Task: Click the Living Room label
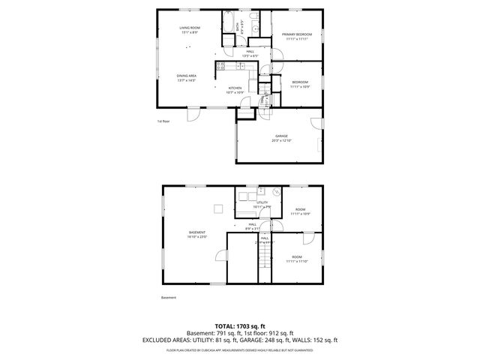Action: tap(189, 30)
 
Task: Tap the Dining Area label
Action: tap(186, 78)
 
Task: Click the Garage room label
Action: tap(280, 138)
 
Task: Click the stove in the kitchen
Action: tap(220, 67)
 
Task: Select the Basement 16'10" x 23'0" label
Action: tap(197, 235)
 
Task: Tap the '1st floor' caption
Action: tap(163, 121)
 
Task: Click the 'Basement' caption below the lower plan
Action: tap(169, 298)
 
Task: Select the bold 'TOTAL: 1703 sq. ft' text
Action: tap(240, 326)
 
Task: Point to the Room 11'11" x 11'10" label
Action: tap(297, 259)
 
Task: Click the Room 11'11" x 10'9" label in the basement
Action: tap(299, 212)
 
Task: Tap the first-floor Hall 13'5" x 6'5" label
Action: tap(239, 53)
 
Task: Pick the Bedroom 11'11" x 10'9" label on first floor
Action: tap(299, 84)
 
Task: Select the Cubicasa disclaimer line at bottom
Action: tap(240, 349)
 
